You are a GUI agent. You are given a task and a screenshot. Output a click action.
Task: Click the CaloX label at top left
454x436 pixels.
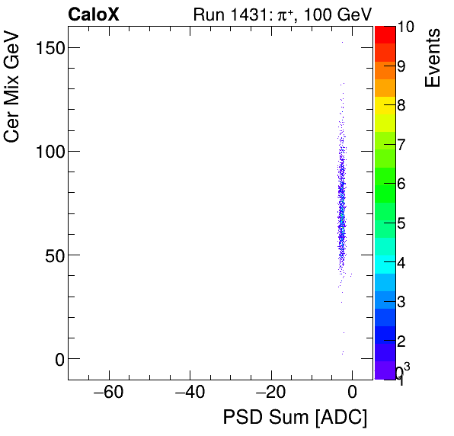tap(93, 14)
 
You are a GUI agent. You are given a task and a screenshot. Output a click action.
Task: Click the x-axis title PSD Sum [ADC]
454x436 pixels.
tap(295, 418)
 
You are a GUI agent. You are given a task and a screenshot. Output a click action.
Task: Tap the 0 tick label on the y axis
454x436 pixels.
tap(55, 358)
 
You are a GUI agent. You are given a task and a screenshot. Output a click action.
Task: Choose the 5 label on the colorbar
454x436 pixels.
tap(401, 223)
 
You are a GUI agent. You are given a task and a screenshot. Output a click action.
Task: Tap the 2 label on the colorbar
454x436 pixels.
tap(401, 340)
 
